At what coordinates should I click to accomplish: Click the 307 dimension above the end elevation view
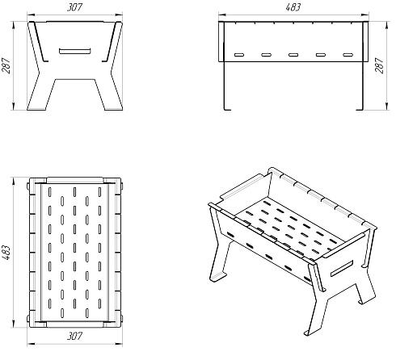tap(74, 7)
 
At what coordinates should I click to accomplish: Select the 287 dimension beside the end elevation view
tap(6, 65)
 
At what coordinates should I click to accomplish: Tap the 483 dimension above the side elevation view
tap(293, 7)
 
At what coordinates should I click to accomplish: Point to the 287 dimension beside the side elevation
tap(379, 65)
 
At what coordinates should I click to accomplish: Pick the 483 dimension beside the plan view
tap(6, 252)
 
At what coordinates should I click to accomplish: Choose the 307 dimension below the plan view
tap(74, 336)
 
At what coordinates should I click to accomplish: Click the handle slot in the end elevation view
tap(75, 51)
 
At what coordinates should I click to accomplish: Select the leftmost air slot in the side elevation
tap(239, 55)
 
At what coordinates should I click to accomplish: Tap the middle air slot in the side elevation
tap(293, 55)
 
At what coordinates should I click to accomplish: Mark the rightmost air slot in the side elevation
tap(348, 55)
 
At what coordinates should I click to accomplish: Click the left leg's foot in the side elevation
tap(227, 109)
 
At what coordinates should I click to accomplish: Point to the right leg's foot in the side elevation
tap(360, 109)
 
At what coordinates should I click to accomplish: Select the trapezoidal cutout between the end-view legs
tap(75, 94)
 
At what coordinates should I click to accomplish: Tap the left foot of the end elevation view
tap(36, 108)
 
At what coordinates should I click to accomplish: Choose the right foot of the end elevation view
tap(113, 108)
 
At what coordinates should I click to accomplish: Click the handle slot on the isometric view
tap(342, 269)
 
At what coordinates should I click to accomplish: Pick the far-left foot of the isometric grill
tap(218, 277)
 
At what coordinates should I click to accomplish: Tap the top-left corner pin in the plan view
tap(28, 186)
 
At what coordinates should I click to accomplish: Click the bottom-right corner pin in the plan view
tap(122, 319)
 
